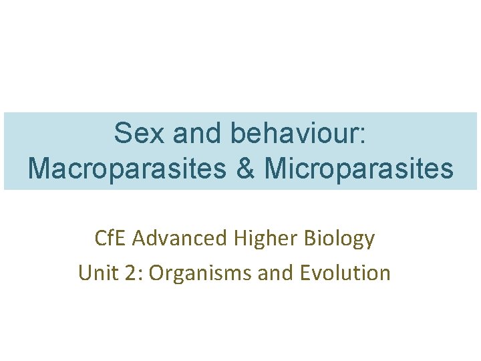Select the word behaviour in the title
click(x=292, y=134)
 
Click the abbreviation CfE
click(x=111, y=239)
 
